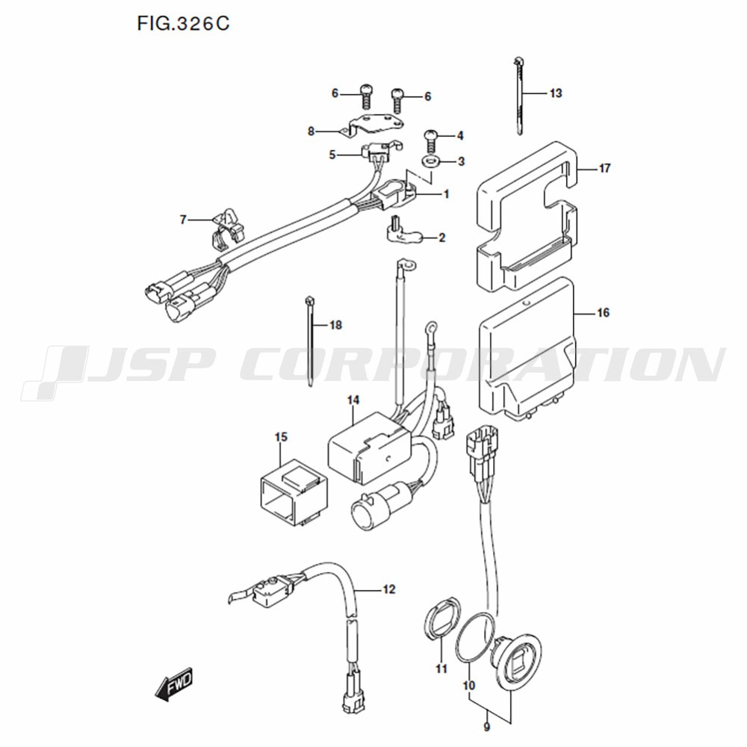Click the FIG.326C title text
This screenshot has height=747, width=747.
click(x=184, y=23)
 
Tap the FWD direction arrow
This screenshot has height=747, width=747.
click(x=174, y=684)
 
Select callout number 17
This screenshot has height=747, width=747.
click(x=604, y=168)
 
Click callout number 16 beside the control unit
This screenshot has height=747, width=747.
click(x=603, y=312)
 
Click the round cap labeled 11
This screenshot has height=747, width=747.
click(x=442, y=619)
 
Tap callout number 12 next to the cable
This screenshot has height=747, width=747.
click(x=389, y=589)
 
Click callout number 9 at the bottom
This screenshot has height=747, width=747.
click(x=486, y=728)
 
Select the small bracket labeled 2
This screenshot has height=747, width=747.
click(x=401, y=232)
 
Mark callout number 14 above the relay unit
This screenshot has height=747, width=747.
click(x=353, y=400)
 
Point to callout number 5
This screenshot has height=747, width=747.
click(x=332, y=155)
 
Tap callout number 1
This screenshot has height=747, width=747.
click(x=446, y=194)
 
